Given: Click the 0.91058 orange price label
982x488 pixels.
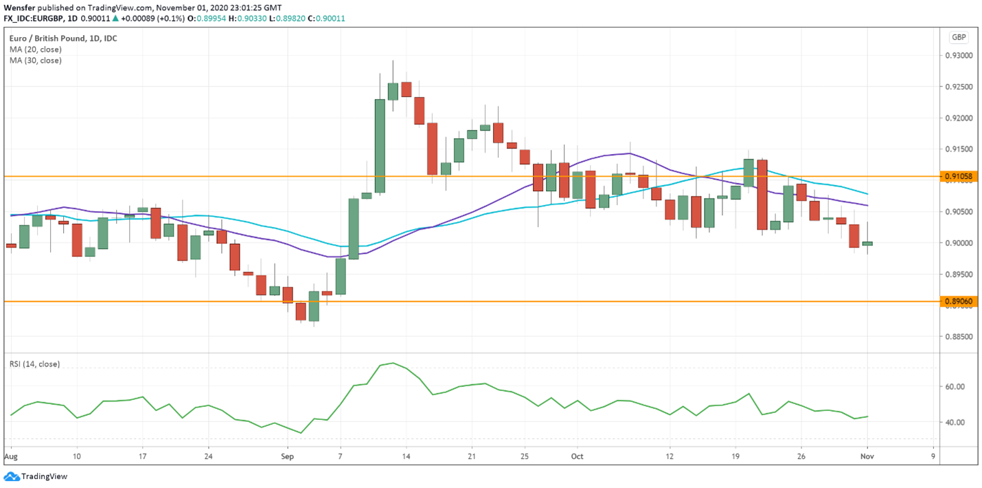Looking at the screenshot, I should tap(959, 177).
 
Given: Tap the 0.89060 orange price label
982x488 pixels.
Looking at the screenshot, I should tap(959, 301).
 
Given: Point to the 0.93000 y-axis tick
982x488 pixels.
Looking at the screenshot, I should tap(959, 55).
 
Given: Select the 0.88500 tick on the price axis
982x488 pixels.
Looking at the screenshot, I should tap(959, 337).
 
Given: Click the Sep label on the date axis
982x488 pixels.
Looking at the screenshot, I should tap(287, 456).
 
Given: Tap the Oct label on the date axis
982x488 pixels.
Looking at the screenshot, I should tap(577, 456).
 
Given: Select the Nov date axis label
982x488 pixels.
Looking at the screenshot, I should tap(867, 456).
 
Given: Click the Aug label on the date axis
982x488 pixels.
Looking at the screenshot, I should tap(10, 456).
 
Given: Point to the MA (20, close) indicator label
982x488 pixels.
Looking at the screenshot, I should tap(36, 49).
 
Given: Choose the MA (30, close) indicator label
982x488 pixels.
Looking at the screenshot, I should tap(36, 60).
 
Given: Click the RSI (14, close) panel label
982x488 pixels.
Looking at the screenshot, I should tap(34, 364).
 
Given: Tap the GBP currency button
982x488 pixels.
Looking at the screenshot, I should tap(959, 37).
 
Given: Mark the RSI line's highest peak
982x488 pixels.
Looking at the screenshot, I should tap(393, 363).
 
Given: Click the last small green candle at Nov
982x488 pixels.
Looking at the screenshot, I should tap(867, 243).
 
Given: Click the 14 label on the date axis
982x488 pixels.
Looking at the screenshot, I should tap(406, 456).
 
